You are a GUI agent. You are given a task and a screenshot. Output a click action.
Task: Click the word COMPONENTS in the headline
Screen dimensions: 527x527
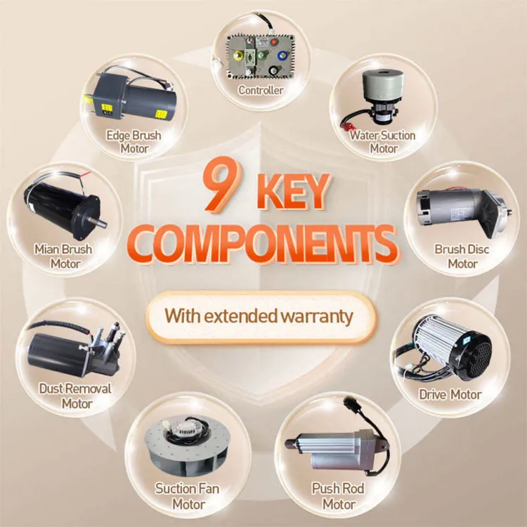pos(263,244)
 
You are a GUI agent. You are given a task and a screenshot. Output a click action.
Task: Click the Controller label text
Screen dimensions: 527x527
pos(261,90)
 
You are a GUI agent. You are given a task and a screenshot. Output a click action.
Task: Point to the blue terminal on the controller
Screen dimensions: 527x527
pos(281,55)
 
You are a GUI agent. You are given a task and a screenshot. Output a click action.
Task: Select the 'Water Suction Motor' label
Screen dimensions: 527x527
pos(383,142)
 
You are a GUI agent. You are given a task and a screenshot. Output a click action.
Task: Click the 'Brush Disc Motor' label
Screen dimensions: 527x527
pos(462,256)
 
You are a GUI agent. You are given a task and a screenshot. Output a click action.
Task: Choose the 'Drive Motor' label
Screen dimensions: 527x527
pos(450,395)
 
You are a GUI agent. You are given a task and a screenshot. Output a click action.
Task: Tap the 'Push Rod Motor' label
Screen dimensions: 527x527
pos(338,496)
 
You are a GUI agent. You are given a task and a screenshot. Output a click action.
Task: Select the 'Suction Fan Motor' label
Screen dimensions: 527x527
pos(187,496)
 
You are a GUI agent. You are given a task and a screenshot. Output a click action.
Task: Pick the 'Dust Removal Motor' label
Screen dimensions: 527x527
pos(75,396)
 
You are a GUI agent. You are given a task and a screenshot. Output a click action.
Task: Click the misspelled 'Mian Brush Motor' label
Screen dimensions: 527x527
pos(63,256)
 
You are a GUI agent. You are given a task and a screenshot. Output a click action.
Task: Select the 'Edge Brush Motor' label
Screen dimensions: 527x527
pos(134,142)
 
